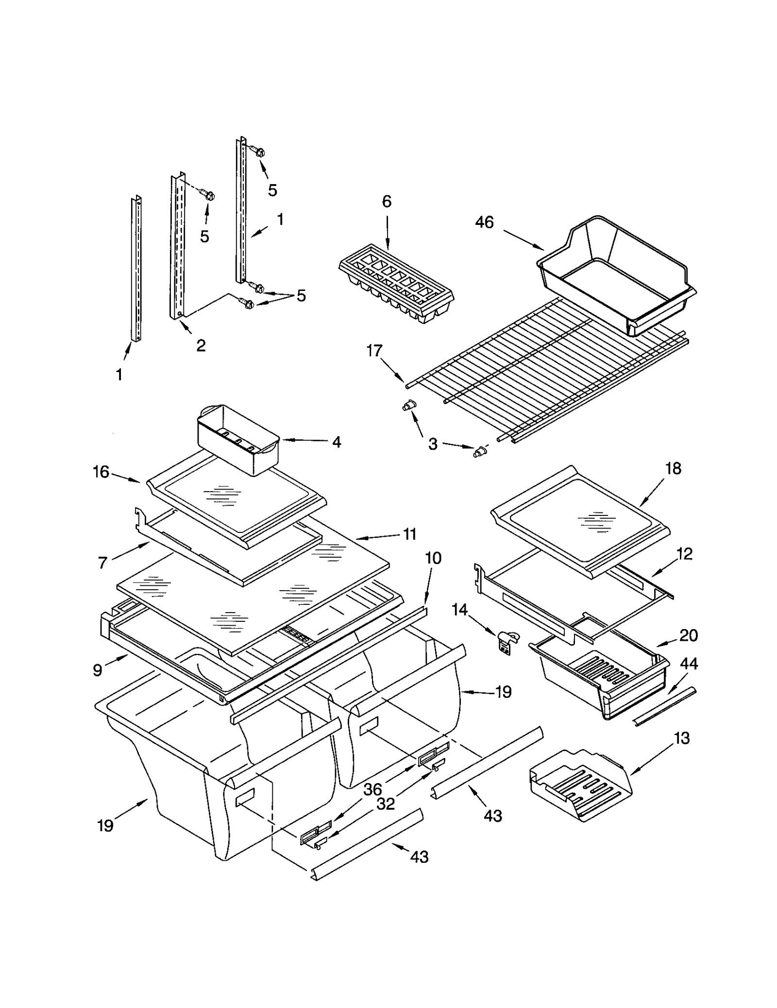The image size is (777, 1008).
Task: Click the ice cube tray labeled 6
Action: coord(396,284)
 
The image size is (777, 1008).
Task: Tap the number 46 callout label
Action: coord(484,222)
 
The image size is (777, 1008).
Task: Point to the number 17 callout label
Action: coord(374,351)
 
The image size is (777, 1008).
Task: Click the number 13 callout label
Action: coord(681,738)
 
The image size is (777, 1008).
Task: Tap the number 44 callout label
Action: coord(689,663)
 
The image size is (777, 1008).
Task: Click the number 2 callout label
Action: coord(201,345)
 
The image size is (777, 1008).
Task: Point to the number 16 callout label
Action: coord(101,472)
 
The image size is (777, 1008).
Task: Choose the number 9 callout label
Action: coord(98,670)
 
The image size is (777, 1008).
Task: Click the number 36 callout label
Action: coord(372,789)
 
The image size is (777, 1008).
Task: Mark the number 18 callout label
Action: coord(673,468)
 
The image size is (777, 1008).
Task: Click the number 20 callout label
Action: coord(688,635)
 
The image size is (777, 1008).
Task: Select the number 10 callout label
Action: coord(433,558)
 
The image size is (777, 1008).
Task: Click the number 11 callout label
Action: coord(410,534)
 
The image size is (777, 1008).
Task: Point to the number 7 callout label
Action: coord(102,563)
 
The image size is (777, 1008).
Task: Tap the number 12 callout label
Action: coord(684,554)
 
